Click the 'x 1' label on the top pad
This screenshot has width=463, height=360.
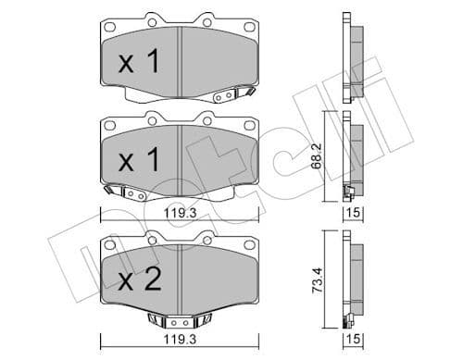140,63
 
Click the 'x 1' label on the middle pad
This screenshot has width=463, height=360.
140,161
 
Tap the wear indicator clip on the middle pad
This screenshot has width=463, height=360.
125,193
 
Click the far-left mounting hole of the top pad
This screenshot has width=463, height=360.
109,27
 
